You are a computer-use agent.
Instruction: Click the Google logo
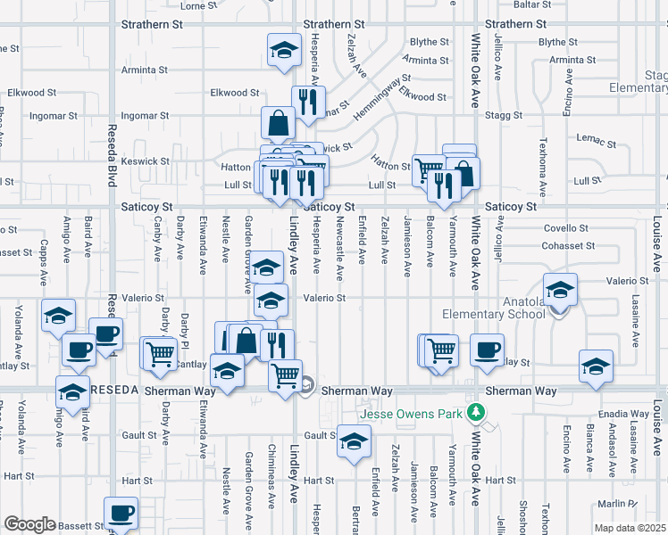point(29,524)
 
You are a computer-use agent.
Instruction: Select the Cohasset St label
point(569,245)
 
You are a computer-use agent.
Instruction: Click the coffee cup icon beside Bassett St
point(121,512)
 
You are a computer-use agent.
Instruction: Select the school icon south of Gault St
point(355,440)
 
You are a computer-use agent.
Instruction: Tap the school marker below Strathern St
point(285,48)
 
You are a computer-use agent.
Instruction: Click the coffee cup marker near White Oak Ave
point(488,349)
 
